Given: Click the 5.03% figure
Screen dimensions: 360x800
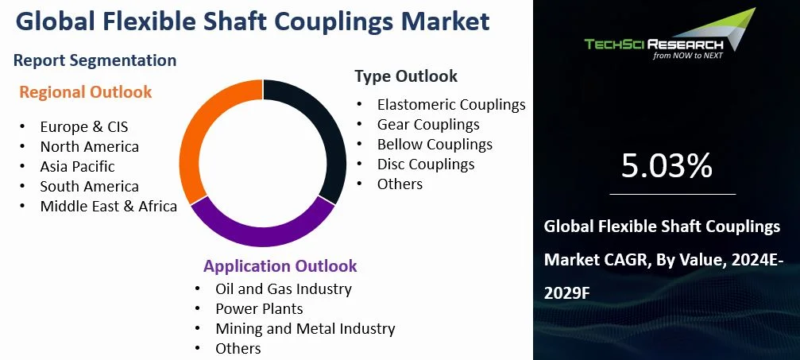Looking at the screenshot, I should [666, 166].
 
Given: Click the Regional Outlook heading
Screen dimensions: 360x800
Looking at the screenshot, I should [86, 92].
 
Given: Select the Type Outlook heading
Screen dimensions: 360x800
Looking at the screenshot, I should [406, 76].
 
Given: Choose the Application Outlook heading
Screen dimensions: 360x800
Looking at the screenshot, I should [280, 266].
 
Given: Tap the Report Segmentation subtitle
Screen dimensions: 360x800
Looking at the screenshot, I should [95, 60].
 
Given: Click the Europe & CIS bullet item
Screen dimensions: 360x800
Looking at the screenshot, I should [84, 126].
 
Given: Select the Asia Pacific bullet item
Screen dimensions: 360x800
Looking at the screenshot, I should [77, 166].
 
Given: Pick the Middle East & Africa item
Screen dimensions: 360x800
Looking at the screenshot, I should [109, 207].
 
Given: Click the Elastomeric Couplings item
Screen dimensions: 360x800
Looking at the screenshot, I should [451, 104].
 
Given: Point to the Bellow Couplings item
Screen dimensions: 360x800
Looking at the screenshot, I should [435, 144].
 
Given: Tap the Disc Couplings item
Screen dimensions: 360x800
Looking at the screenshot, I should [426, 165].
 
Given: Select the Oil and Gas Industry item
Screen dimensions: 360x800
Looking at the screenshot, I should [284, 288].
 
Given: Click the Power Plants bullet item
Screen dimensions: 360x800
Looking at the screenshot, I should [259, 308].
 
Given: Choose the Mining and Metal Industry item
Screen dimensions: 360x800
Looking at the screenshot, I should [305, 328].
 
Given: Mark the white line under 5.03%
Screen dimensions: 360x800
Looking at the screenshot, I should [673, 193].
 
